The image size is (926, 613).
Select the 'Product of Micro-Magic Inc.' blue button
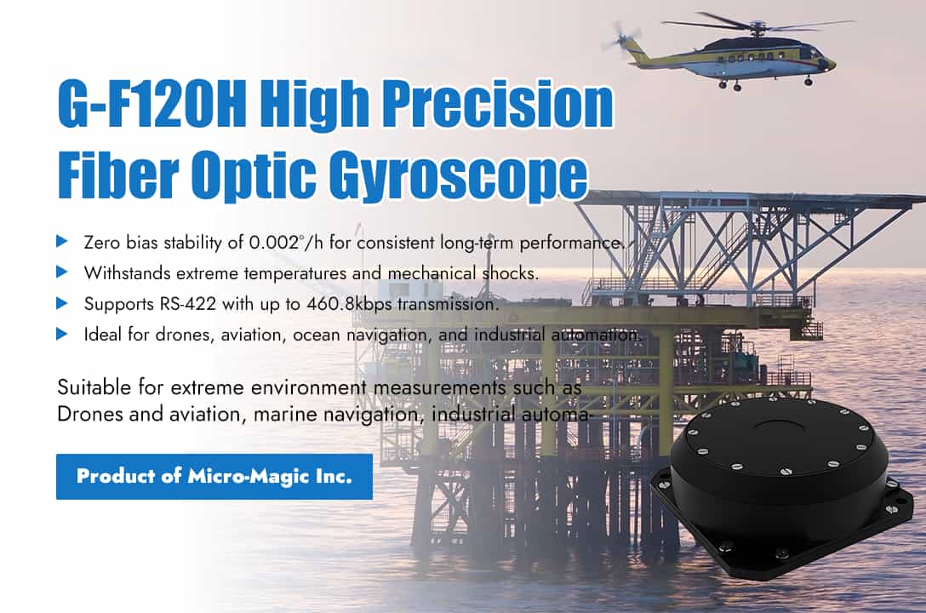point(214,476)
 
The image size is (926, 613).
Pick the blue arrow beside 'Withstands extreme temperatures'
point(62,272)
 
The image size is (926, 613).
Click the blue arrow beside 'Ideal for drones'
point(62,334)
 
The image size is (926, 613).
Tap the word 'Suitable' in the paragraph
point(90,388)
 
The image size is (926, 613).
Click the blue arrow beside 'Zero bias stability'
point(62,242)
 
